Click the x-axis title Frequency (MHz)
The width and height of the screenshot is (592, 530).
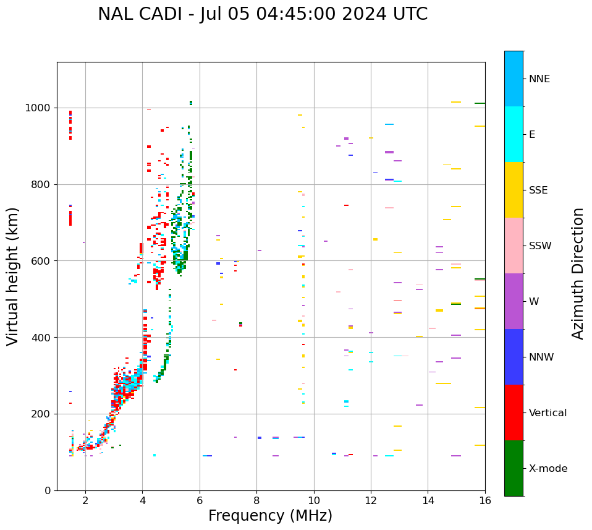pos(270,516)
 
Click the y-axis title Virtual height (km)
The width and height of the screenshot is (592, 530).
pos(14,276)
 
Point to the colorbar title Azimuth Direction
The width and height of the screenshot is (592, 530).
pos(578,273)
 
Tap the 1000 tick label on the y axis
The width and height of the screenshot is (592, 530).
pos(37,108)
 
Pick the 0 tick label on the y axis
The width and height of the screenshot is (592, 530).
pos(47,490)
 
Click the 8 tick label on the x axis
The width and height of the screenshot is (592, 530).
pos(257,500)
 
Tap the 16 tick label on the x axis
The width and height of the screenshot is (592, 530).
pos(485,500)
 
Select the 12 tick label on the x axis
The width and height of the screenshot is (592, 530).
pos(371,500)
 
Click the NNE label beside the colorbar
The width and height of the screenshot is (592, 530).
pos(539,79)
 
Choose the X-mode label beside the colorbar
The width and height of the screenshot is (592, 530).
pos(548,469)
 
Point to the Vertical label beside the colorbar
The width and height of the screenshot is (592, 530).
pos(548,413)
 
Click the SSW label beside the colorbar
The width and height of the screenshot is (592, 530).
pos(540,246)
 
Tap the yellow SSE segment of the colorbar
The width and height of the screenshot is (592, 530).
pos(514,190)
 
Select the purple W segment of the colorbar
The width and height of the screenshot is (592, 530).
pos(514,301)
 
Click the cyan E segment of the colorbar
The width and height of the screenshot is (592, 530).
pos(514,134)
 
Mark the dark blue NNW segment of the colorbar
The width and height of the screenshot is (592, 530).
pos(514,357)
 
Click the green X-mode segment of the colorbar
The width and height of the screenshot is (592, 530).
pos(514,468)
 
